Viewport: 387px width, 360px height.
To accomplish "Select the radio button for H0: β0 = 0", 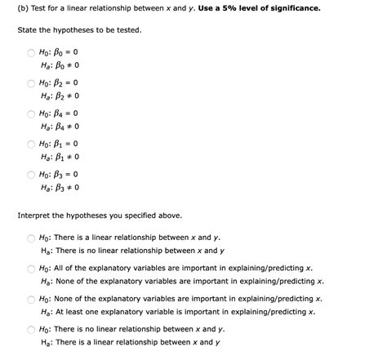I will pos(30,53).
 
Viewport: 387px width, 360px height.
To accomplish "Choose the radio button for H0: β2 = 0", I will pos(30,83).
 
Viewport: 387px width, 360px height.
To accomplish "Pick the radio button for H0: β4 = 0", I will pos(30,113).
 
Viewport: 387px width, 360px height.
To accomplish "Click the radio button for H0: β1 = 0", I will pos(30,144).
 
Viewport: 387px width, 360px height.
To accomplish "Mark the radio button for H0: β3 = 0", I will pos(30,175).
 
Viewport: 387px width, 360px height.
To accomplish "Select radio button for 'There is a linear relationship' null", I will pos(30,238).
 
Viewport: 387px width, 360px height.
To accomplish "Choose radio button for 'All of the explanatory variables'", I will pos(30,268).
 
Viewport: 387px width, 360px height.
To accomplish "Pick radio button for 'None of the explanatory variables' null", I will pos(30,298).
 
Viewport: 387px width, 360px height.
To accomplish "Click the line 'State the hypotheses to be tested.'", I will pos(79,30).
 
